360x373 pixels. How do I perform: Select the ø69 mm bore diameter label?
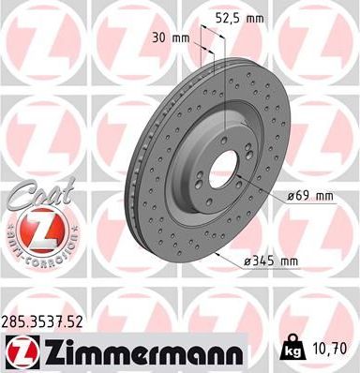point(312,196)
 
